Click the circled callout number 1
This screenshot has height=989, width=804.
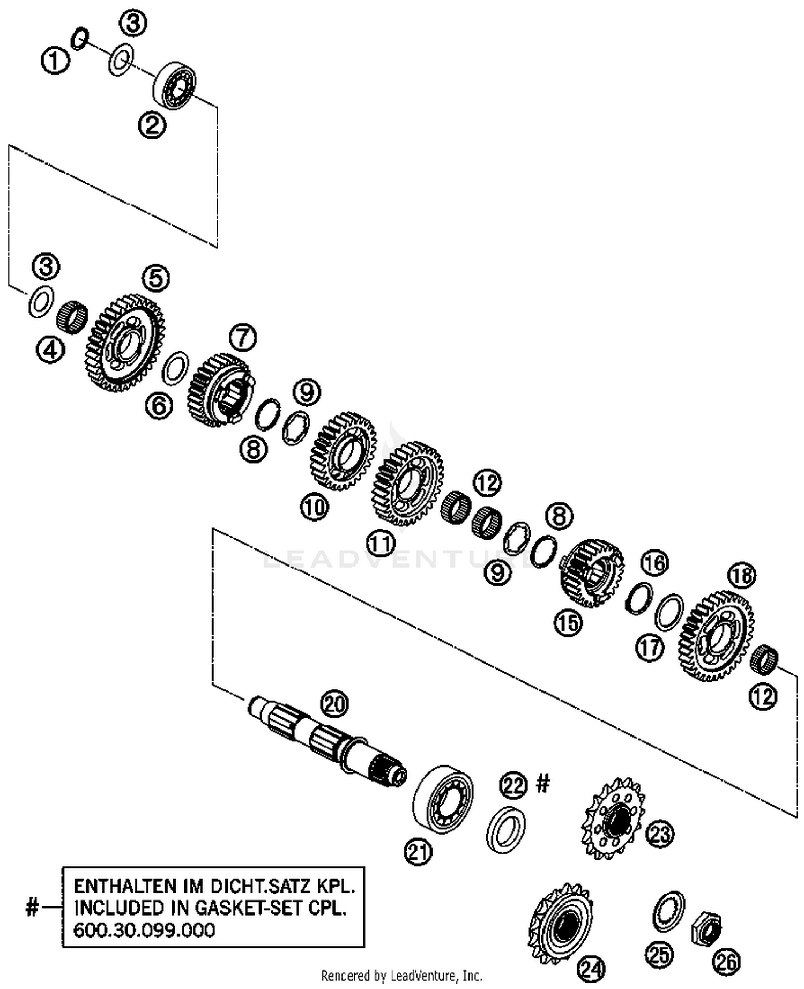pyautogui.click(x=55, y=60)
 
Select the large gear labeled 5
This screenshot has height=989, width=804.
pyautogui.click(x=125, y=342)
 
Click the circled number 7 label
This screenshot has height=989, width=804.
pyautogui.click(x=242, y=338)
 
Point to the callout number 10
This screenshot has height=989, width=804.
pyautogui.click(x=314, y=507)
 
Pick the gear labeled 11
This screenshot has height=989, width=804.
pyautogui.click(x=407, y=482)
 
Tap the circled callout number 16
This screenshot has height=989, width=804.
pyautogui.click(x=654, y=562)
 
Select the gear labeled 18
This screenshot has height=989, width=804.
pyautogui.click(x=716, y=635)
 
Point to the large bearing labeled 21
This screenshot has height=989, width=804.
pyautogui.click(x=443, y=799)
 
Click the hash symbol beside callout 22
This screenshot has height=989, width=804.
pyautogui.click(x=542, y=784)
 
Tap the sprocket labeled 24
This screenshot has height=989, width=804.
pyautogui.click(x=561, y=924)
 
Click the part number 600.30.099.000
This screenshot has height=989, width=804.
pyautogui.click(x=144, y=929)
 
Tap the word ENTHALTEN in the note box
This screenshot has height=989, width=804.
pyautogui.click(x=124, y=886)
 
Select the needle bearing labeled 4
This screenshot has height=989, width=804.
pyautogui.click(x=72, y=317)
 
